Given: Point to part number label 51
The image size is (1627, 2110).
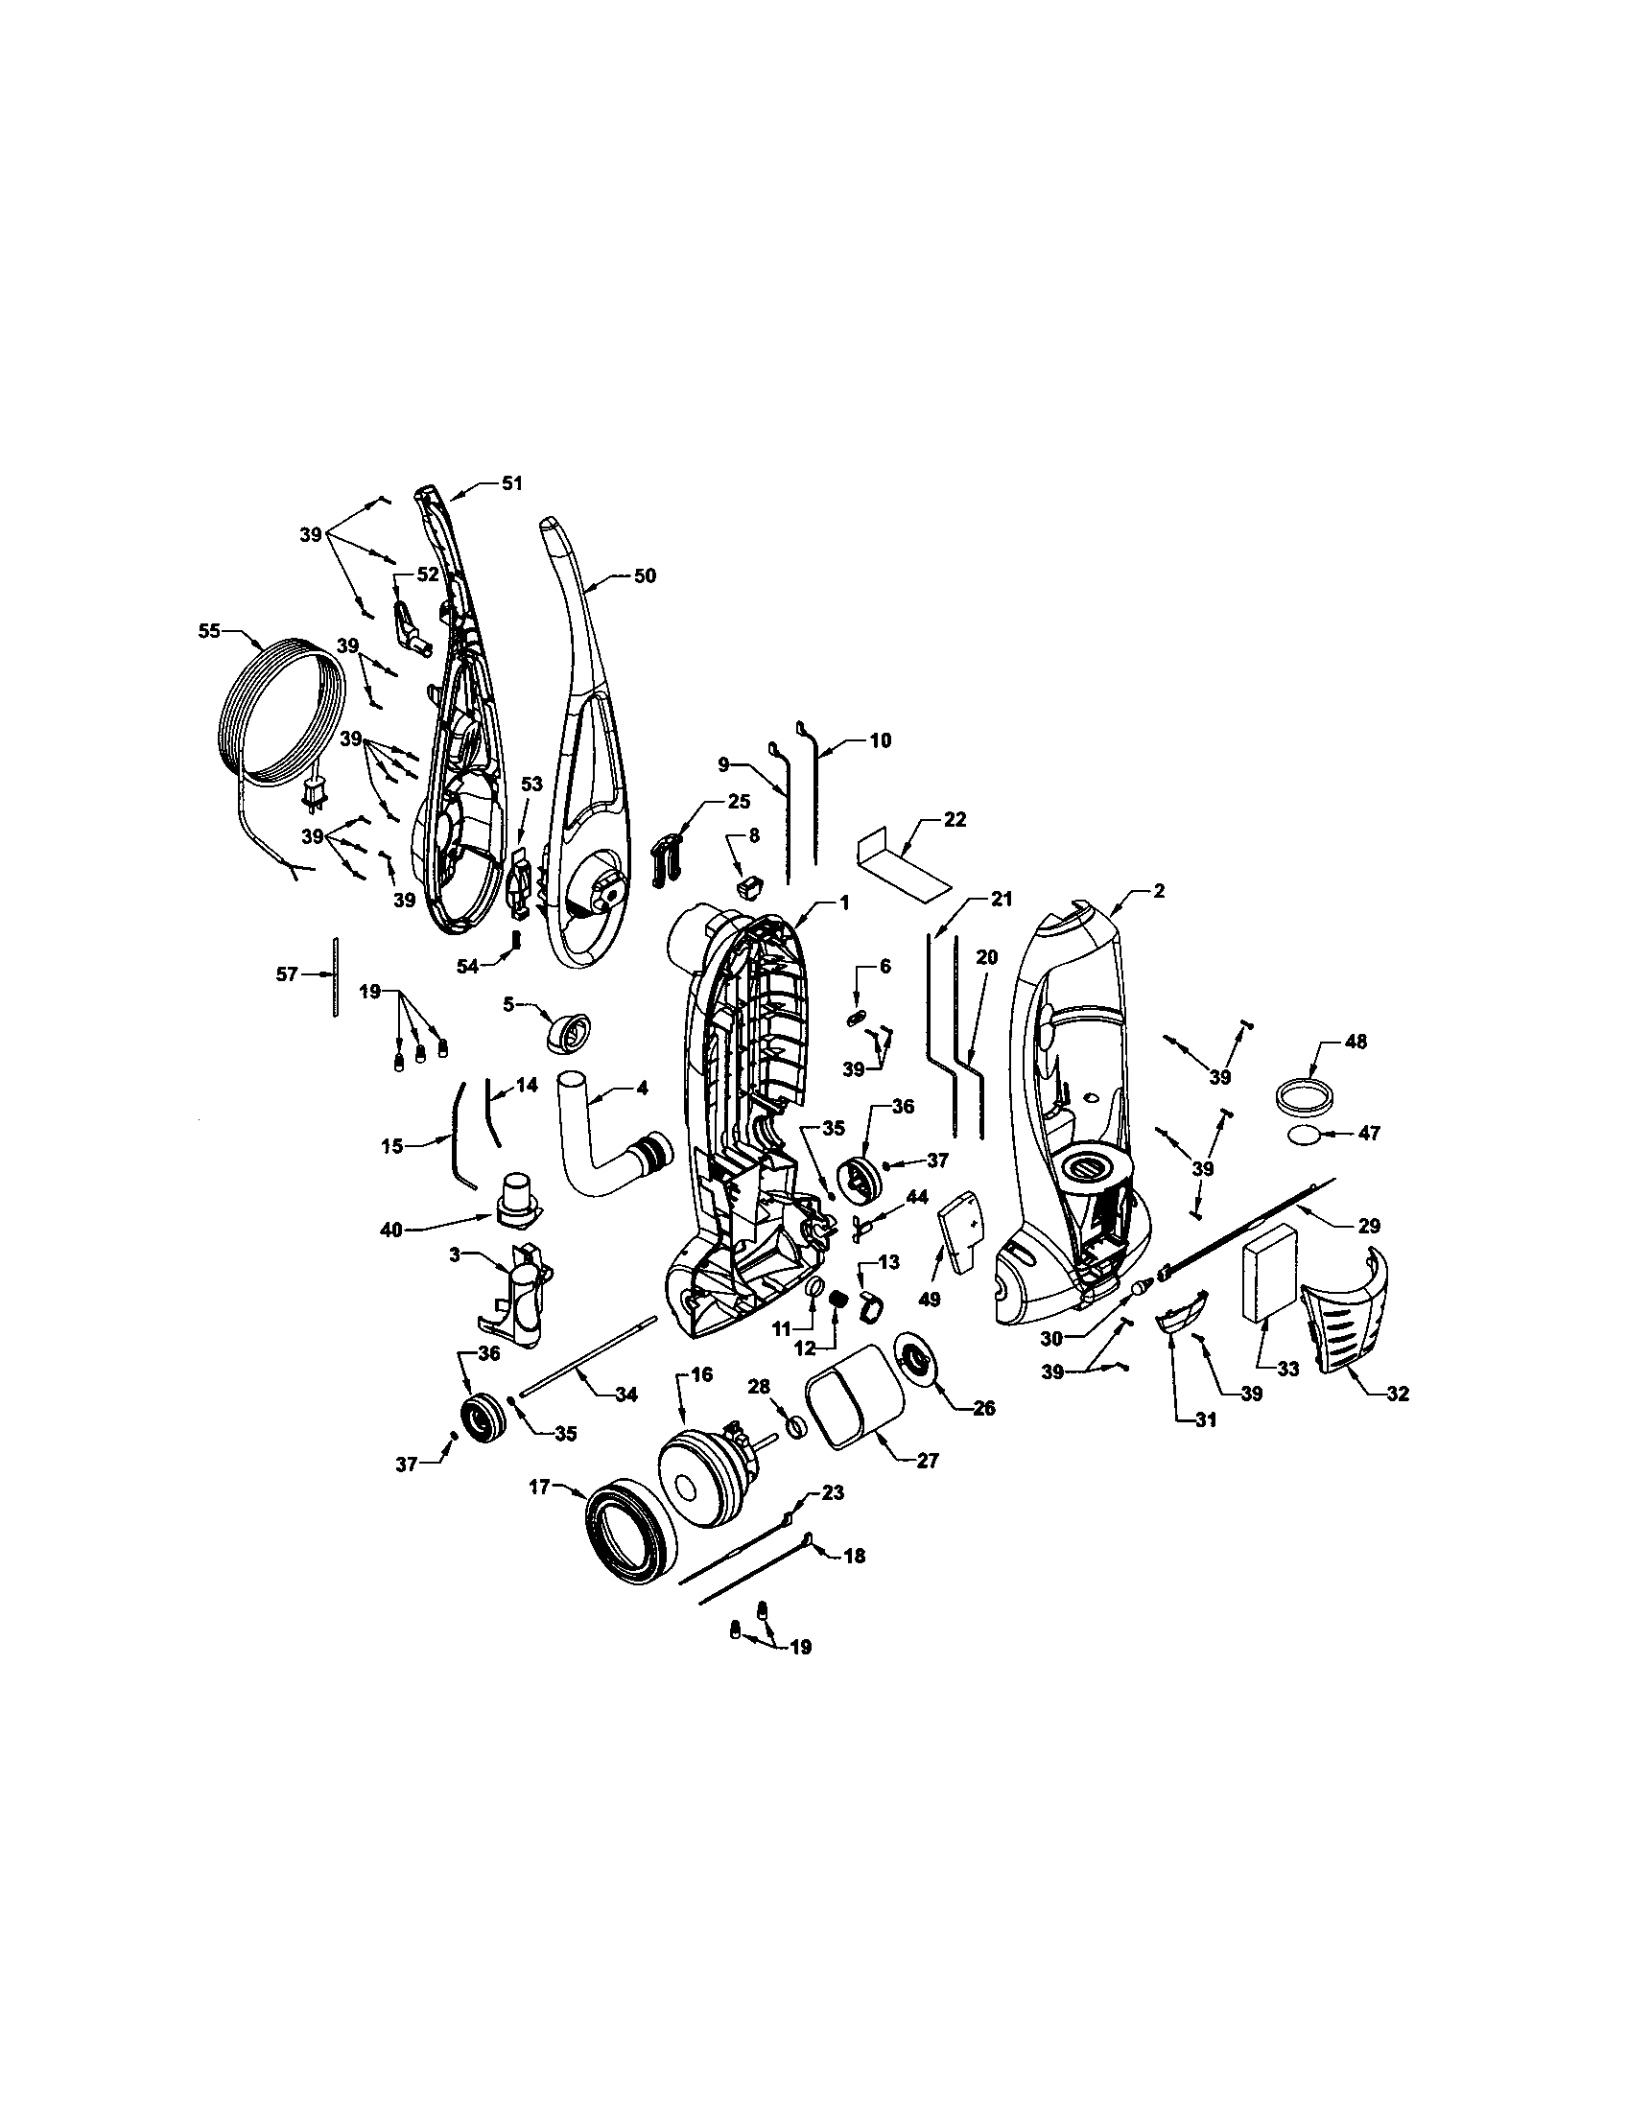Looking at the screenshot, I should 511,483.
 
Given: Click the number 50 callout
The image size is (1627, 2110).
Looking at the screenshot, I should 644,575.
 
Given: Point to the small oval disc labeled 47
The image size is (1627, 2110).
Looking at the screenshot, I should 1308,1137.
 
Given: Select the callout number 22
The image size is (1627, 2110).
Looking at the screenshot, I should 955,819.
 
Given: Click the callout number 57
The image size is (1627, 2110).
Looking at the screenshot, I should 287,974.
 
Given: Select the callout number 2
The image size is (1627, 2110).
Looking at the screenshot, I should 1159,891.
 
